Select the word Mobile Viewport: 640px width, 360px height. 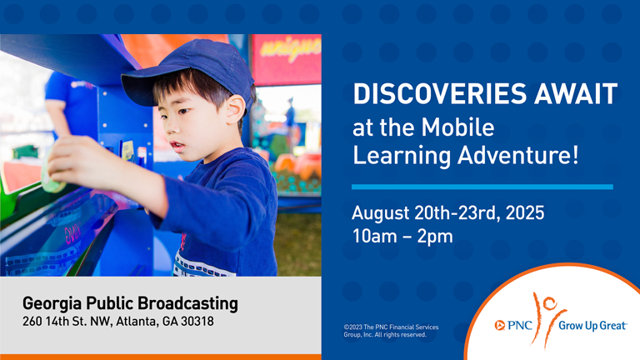point(458,127)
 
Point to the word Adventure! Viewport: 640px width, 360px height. point(518,156)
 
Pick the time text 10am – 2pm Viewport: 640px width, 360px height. point(402,237)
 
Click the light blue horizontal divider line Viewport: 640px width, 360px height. point(482,187)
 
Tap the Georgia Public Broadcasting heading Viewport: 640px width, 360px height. point(130,303)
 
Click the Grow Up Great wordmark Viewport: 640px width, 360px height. point(592,326)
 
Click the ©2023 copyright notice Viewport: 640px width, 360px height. point(391,331)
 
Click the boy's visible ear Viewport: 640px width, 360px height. point(236,109)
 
